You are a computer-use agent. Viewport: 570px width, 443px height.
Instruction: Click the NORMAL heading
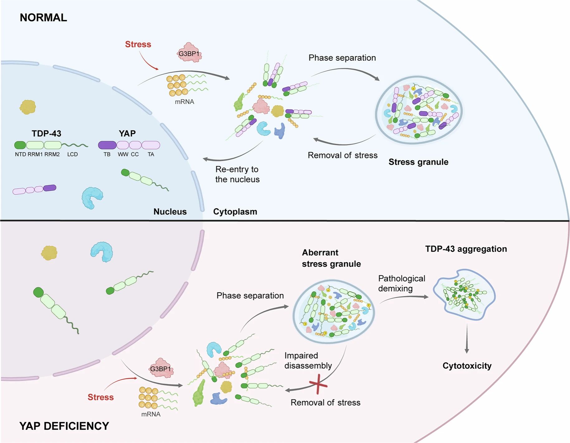click(x=43, y=17)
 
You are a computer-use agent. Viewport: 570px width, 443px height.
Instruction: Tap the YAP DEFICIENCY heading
click(x=64, y=426)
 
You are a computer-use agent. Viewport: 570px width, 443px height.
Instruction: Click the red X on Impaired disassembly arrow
click(x=318, y=384)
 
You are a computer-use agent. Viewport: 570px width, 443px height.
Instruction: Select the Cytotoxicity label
click(x=467, y=366)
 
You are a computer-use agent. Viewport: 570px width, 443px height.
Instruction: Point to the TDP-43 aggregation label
click(x=466, y=249)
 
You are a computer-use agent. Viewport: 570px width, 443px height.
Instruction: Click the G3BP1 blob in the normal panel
click(x=189, y=53)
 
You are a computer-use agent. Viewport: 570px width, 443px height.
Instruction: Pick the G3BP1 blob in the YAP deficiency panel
click(x=161, y=368)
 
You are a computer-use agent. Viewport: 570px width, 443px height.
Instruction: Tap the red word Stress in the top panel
click(x=138, y=45)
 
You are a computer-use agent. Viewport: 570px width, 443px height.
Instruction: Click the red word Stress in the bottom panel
click(x=100, y=397)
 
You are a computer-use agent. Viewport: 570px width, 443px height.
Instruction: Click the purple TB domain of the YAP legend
click(x=107, y=145)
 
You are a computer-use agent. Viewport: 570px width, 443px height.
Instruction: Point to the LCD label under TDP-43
click(x=73, y=154)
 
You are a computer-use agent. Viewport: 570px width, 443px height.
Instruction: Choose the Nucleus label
click(x=170, y=212)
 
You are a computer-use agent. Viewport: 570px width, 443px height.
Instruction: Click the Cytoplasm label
click(x=235, y=212)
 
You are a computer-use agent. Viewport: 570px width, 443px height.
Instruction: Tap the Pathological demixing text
click(x=401, y=283)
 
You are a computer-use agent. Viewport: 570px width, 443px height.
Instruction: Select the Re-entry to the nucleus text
click(x=237, y=174)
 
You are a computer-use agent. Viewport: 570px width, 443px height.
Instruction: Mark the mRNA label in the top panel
click(x=184, y=102)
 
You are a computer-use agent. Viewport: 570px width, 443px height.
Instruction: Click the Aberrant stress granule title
click(x=331, y=258)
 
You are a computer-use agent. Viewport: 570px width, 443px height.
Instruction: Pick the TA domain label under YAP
click(x=151, y=154)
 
